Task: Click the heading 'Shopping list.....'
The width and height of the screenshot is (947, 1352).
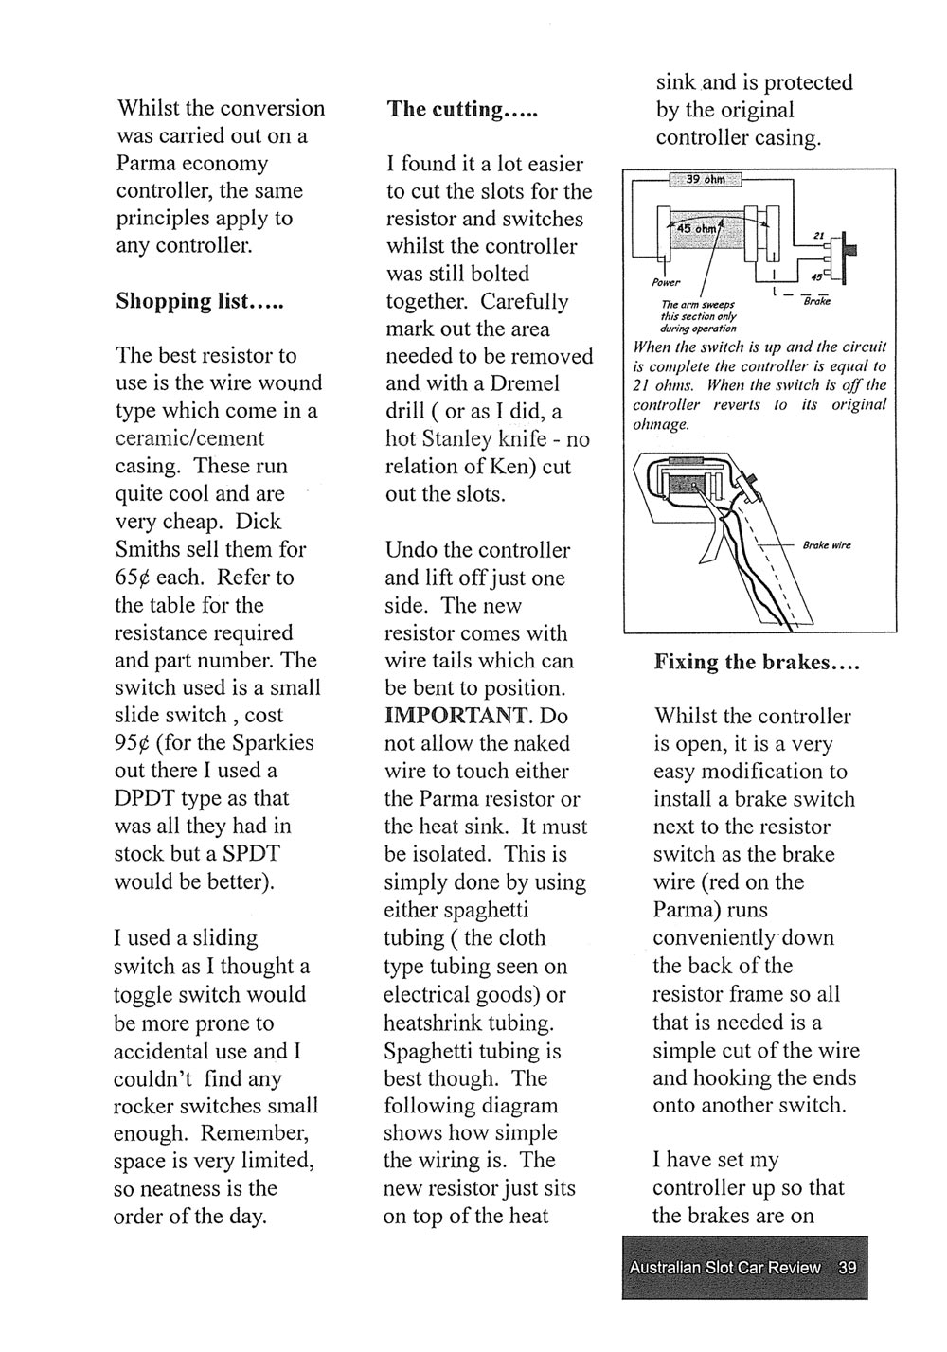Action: (200, 301)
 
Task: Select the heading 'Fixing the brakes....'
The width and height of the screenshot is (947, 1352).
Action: (756, 662)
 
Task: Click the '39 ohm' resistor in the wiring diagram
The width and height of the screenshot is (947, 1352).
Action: (705, 180)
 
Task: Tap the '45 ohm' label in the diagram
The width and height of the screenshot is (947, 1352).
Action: (695, 228)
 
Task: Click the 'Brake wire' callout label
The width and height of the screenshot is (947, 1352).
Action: (827, 545)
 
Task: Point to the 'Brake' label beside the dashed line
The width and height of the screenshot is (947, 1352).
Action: (816, 301)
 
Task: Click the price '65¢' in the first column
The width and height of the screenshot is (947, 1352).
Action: (132, 578)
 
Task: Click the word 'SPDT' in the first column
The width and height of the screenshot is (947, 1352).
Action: (250, 853)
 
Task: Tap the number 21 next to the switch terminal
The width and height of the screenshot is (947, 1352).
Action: (818, 236)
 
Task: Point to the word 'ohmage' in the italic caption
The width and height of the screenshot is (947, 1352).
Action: (661, 424)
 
